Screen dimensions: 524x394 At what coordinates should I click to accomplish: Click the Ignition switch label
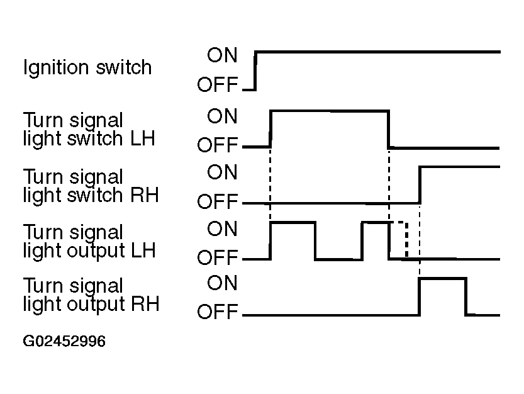tap(87, 68)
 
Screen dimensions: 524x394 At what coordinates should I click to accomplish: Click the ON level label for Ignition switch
tap(222, 55)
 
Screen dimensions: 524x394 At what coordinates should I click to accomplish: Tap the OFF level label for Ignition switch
tap(217, 84)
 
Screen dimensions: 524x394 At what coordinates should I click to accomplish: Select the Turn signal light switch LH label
tap(89, 130)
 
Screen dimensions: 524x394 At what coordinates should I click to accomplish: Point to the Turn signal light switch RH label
tap(91, 186)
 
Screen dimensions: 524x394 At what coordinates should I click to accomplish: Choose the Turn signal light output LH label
tap(89, 242)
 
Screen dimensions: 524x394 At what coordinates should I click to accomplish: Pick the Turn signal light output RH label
tap(91, 295)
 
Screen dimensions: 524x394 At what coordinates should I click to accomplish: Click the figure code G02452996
tap(64, 341)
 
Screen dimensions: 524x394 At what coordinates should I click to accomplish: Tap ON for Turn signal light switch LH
tap(222, 116)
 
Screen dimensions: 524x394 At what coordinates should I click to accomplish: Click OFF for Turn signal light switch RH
tap(217, 201)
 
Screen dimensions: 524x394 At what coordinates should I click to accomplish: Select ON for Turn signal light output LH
tap(222, 228)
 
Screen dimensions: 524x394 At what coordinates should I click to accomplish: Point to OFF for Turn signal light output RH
tap(217, 312)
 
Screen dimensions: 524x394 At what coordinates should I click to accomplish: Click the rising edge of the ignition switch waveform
tap(255, 70)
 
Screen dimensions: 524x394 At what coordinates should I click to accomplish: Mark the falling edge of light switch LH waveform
tap(389, 129)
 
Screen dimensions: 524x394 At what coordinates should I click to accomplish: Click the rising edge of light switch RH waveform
tap(420, 184)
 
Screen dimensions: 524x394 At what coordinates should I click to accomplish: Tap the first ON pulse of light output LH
tap(293, 222)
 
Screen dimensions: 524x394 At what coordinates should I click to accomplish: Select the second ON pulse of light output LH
tap(376, 222)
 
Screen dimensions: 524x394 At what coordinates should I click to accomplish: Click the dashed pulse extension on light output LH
tap(406, 239)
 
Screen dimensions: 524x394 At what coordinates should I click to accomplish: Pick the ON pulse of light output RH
tap(443, 278)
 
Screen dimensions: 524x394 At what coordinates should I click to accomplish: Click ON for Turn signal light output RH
tap(222, 283)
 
